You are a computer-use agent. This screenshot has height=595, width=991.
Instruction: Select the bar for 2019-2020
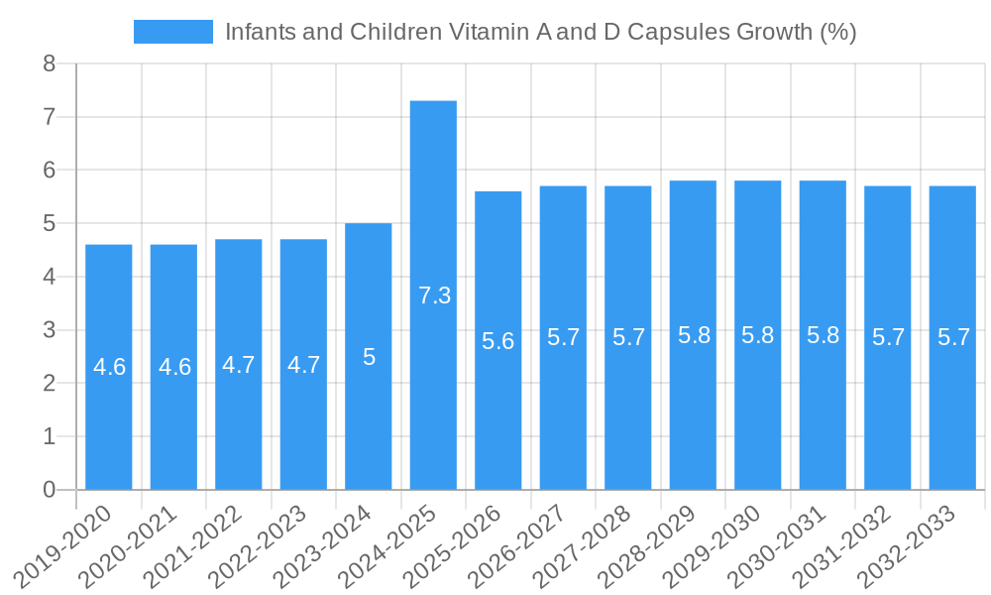pyautogui.click(x=109, y=367)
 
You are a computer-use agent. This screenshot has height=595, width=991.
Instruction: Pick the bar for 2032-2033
pyautogui.click(x=952, y=337)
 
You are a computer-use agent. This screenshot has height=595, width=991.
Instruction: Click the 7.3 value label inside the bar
pyautogui.click(x=434, y=296)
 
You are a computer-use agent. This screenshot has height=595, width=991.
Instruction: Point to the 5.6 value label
pyautogui.click(x=498, y=341)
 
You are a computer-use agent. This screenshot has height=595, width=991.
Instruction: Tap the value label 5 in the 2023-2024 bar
pyautogui.click(x=369, y=357)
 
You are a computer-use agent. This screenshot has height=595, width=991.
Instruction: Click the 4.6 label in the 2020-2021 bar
pyautogui.click(x=174, y=367)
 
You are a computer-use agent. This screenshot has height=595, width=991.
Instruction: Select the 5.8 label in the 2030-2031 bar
pyautogui.click(x=823, y=335)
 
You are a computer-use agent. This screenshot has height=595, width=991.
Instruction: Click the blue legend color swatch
pyautogui.click(x=172, y=32)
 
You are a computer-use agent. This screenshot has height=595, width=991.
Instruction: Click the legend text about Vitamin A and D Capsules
pyautogui.click(x=540, y=32)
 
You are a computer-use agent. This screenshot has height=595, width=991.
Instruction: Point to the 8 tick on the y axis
pyautogui.click(x=49, y=64)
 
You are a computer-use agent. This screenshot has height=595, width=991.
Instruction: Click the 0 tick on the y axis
pyautogui.click(x=49, y=490)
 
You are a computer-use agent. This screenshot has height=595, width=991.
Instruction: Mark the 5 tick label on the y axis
pyautogui.click(x=49, y=224)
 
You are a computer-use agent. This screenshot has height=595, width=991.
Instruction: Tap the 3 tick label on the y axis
pyautogui.click(x=49, y=330)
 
